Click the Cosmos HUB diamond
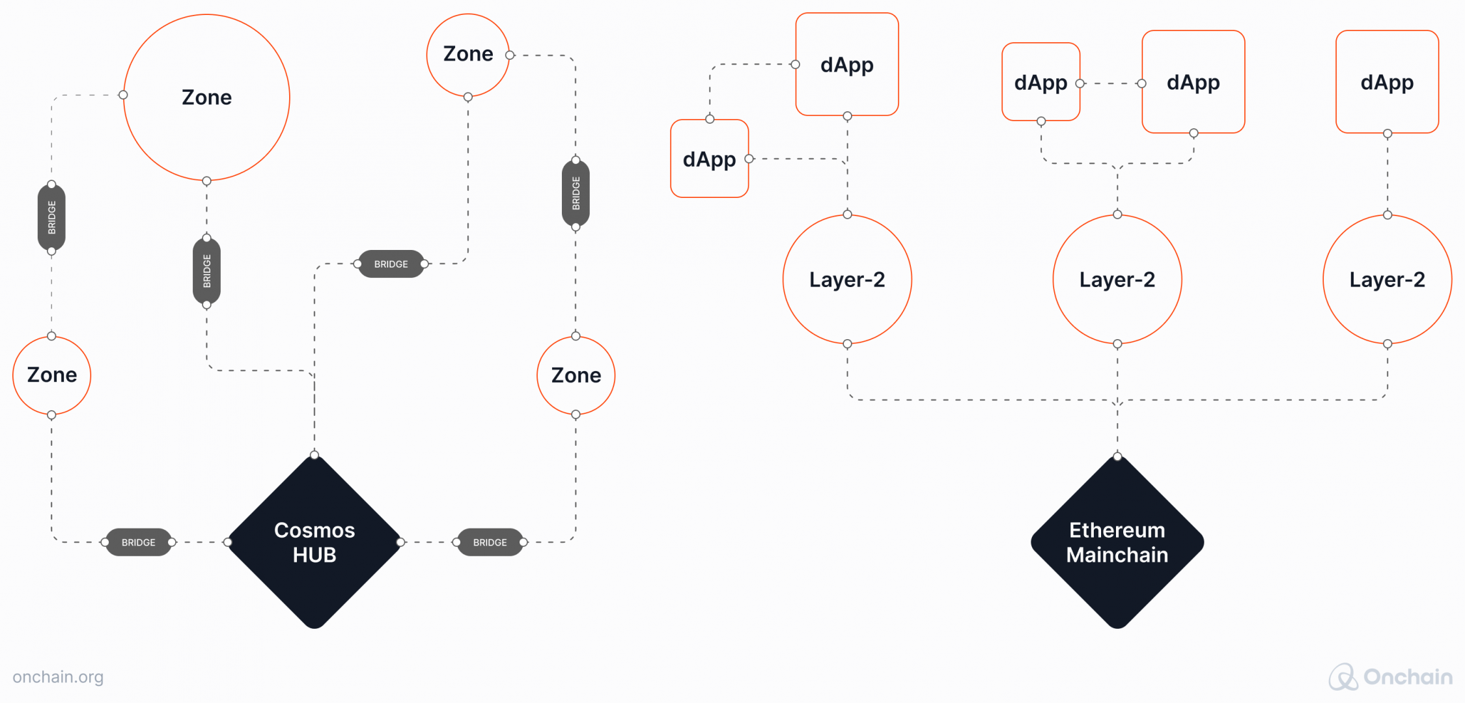[x=314, y=542]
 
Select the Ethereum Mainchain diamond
[x=1117, y=542]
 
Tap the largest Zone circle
[x=206, y=98]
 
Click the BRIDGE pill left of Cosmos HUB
[x=139, y=542]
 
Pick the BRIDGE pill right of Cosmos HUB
[x=490, y=542]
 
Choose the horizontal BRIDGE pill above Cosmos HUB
[x=391, y=264]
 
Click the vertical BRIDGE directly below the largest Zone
[x=206, y=271]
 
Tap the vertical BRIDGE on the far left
[x=51, y=217]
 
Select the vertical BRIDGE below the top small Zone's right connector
[x=576, y=193]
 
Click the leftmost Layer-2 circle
[x=846, y=279]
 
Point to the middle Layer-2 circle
[x=1117, y=279]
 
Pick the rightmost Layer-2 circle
[x=1387, y=279]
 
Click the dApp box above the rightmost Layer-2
[x=1387, y=82]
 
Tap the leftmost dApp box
[x=709, y=159]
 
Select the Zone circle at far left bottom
[x=51, y=375]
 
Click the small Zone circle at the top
[x=467, y=54]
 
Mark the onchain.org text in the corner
[x=58, y=677]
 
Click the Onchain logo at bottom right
[x=1390, y=677]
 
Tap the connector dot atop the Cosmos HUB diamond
[x=314, y=454]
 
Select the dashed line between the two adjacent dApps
[x=1111, y=83]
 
